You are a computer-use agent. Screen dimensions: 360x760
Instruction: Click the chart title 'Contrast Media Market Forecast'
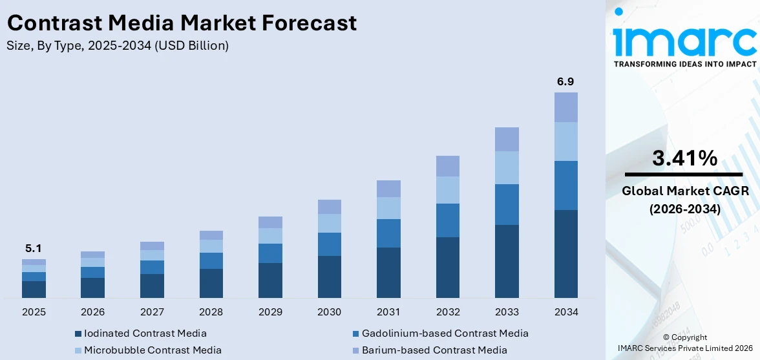click(x=182, y=23)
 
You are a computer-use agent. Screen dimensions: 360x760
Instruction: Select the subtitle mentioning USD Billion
click(x=118, y=46)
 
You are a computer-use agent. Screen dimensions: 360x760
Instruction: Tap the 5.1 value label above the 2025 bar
click(x=34, y=248)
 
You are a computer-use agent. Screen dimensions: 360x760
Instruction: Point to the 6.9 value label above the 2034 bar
click(x=565, y=81)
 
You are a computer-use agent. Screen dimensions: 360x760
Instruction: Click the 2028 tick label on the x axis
click(x=211, y=312)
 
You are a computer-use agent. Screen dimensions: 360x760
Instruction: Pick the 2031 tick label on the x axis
click(x=388, y=312)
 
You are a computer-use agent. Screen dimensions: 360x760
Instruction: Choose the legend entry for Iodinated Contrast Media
click(x=145, y=334)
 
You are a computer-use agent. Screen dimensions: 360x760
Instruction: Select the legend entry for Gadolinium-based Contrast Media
click(x=445, y=334)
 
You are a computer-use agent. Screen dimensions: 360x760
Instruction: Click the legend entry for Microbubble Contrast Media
click(x=153, y=350)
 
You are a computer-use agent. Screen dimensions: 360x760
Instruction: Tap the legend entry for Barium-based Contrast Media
click(x=434, y=350)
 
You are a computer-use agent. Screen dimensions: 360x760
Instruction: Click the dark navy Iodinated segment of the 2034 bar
click(x=565, y=253)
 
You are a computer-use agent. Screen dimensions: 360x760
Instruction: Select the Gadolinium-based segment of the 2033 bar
click(x=507, y=204)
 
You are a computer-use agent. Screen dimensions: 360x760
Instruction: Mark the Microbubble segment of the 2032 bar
click(x=447, y=190)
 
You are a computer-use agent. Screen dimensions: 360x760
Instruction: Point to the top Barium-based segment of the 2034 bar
click(x=565, y=107)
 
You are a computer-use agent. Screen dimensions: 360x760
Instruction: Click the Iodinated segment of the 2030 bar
click(x=329, y=277)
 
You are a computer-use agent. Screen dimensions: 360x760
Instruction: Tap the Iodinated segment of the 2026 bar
click(x=92, y=288)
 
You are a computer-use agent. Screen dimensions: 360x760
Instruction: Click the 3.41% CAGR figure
click(x=684, y=158)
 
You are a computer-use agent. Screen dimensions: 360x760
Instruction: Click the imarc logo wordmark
click(x=684, y=40)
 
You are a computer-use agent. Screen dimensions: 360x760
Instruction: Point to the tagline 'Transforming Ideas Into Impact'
click(x=684, y=64)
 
